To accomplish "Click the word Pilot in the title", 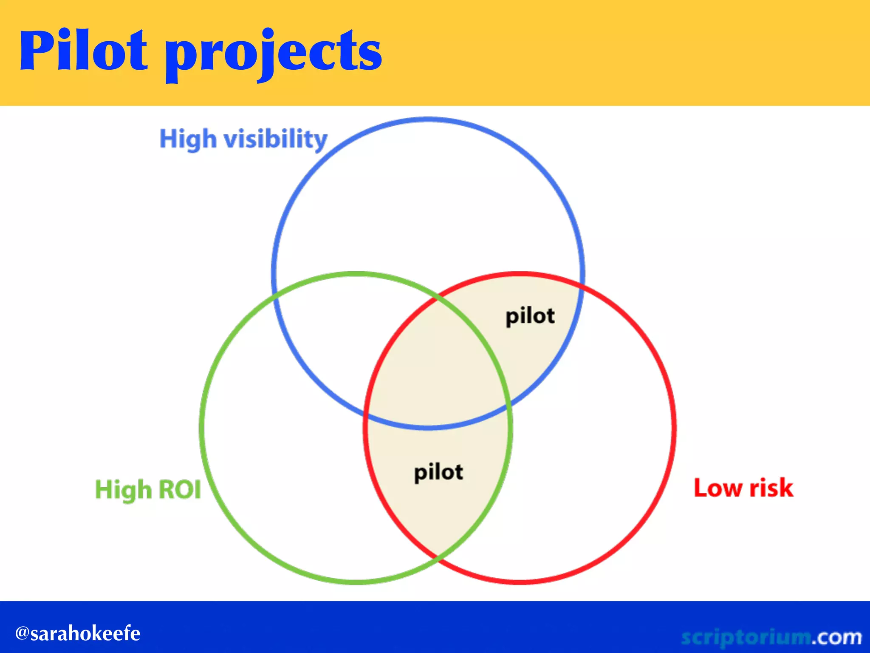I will pos(83,51).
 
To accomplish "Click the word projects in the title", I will pos(274,53).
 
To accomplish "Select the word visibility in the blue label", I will pos(276,139).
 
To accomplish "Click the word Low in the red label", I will pos(717,488).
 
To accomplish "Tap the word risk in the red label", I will pos(771,488).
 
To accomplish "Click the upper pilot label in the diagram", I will pos(530,316).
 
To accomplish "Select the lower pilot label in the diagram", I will pos(438,472).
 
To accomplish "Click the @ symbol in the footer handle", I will pos(22,633).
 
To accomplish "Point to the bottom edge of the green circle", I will pos(356,581).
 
